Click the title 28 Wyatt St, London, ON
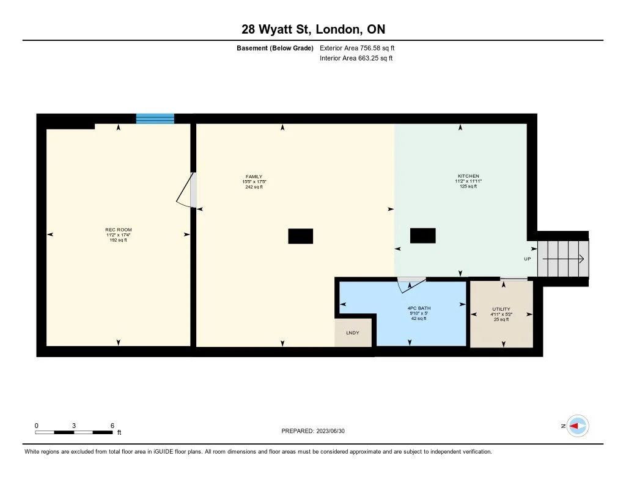(x=313, y=29)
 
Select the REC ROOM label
(x=118, y=230)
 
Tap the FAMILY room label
(x=254, y=176)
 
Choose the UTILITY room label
(x=501, y=309)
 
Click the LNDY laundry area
(x=353, y=333)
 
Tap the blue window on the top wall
(x=155, y=118)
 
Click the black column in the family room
(x=300, y=236)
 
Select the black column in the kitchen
(x=422, y=235)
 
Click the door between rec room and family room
(x=186, y=191)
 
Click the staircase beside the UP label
(x=562, y=259)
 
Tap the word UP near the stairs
(x=528, y=259)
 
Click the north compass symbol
(x=577, y=426)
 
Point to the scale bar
(x=74, y=432)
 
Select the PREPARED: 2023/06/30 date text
(x=317, y=430)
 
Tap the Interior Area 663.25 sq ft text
(x=356, y=59)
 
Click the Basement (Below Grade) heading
(x=274, y=48)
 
